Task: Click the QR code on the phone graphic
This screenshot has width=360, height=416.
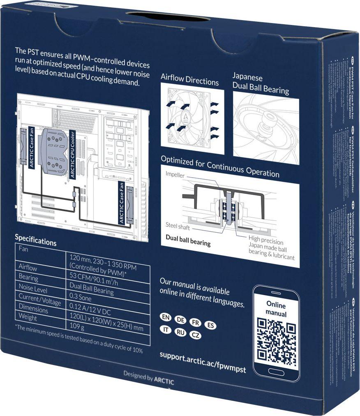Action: click(276, 340)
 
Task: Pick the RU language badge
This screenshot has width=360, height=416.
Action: click(180, 332)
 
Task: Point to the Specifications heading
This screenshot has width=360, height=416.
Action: click(35, 240)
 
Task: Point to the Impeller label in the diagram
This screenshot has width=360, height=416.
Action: click(175, 175)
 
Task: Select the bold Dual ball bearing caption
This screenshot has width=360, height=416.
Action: click(188, 240)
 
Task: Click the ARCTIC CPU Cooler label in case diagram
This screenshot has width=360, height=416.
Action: click(72, 154)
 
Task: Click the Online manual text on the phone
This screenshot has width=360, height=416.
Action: click(276, 309)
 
